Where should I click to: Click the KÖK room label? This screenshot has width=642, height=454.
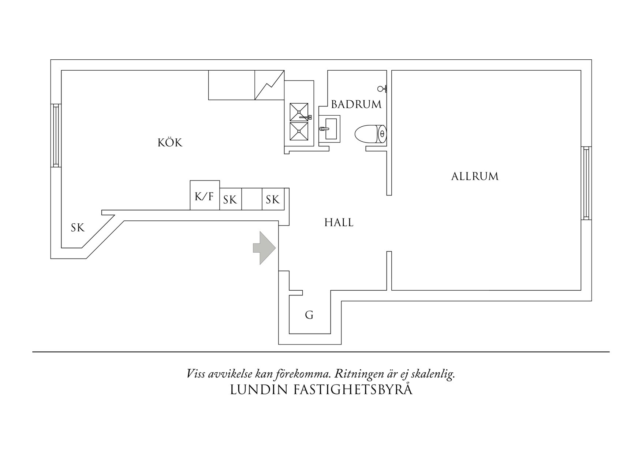click(170, 142)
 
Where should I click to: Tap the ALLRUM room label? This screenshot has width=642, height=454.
click(475, 176)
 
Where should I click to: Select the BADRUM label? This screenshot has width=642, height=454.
click(356, 104)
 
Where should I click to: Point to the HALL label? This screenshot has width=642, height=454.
click(339, 223)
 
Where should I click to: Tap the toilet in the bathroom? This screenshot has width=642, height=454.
click(370, 134)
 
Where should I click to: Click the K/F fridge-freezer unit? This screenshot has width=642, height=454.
click(205, 196)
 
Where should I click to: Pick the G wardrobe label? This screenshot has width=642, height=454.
click(309, 315)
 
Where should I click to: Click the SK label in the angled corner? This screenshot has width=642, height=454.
click(78, 228)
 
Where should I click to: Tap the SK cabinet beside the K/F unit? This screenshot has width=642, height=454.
click(230, 200)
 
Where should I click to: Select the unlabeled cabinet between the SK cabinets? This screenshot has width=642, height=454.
click(252, 199)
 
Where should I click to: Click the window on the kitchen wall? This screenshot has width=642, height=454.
click(56, 135)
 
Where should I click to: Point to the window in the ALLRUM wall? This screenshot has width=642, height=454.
click(586, 183)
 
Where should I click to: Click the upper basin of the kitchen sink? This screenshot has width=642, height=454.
click(299, 112)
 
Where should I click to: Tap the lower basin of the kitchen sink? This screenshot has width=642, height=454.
click(299, 131)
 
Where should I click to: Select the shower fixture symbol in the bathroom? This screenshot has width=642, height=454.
click(382, 88)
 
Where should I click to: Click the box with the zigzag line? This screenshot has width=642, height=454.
click(269, 85)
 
